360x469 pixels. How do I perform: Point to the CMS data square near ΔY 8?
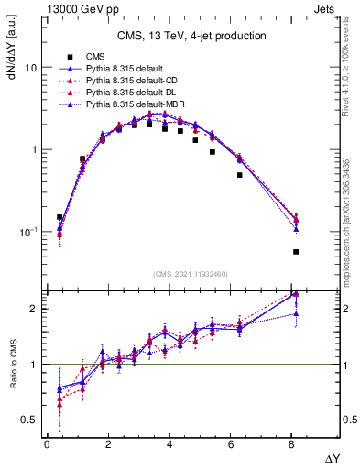tap(296, 251)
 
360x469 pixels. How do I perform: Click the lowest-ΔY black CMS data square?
tap(60, 218)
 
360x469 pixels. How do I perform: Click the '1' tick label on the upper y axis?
tap(33, 149)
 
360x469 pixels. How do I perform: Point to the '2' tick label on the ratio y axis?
tap(33, 309)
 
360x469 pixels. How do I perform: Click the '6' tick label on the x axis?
tap(232, 444)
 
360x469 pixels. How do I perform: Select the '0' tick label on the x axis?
tap(47, 444)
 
